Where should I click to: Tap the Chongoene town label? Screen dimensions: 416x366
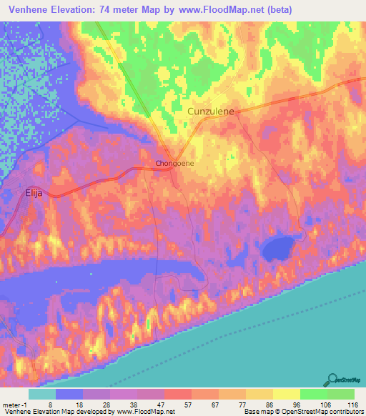[175, 164]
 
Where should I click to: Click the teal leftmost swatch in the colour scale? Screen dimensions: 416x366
[42, 395]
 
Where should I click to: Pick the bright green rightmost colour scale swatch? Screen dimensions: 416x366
[341, 395]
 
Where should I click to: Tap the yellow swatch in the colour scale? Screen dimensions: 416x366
[287, 395]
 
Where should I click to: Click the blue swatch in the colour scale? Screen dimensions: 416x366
[69, 395]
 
